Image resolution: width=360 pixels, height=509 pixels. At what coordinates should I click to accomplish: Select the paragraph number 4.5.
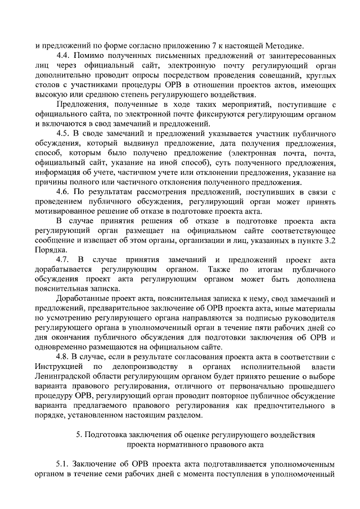(64, 133)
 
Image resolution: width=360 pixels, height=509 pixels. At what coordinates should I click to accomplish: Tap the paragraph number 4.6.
(64, 191)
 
